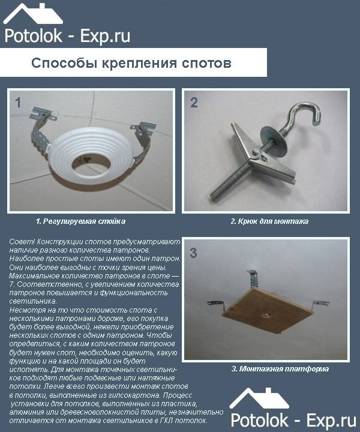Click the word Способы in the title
tap(66, 64)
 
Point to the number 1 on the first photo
tap(18, 103)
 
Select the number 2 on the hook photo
tap(194, 103)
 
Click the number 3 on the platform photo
tap(194, 253)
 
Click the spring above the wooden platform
tap(253, 279)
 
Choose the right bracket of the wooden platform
tap(321, 305)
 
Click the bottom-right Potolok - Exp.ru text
tap(293, 421)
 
